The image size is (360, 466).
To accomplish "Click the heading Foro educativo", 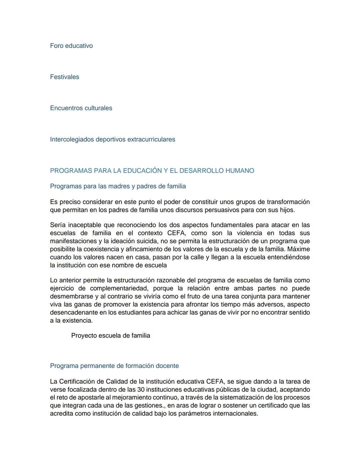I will (x=71, y=46).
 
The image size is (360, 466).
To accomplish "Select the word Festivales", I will (x=64, y=77).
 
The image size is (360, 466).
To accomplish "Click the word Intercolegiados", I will (x=72, y=139).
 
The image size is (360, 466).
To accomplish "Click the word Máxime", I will (x=298, y=249).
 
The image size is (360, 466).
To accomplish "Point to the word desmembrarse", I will (x=71, y=297).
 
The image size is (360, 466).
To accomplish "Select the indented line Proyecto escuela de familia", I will (x=110, y=336).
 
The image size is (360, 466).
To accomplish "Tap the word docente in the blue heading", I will (x=168, y=366).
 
